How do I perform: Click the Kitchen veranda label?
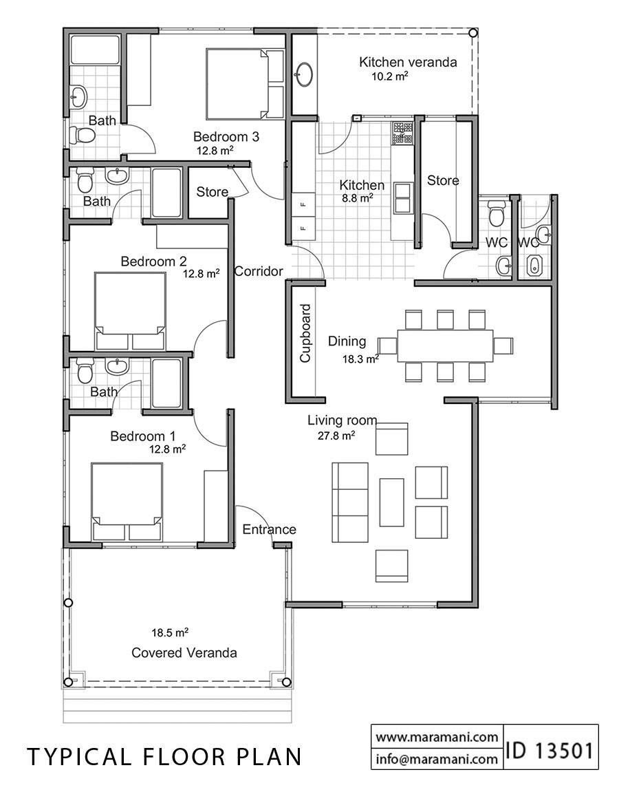(408, 62)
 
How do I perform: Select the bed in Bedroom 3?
(237, 83)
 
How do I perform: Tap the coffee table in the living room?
(391, 502)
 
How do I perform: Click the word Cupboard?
(305, 333)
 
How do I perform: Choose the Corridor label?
(259, 272)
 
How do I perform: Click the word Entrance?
(269, 529)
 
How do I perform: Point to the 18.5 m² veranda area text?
(171, 632)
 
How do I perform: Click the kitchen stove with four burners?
(402, 133)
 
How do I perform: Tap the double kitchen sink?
(403, 197)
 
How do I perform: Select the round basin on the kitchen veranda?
(304, 74)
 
